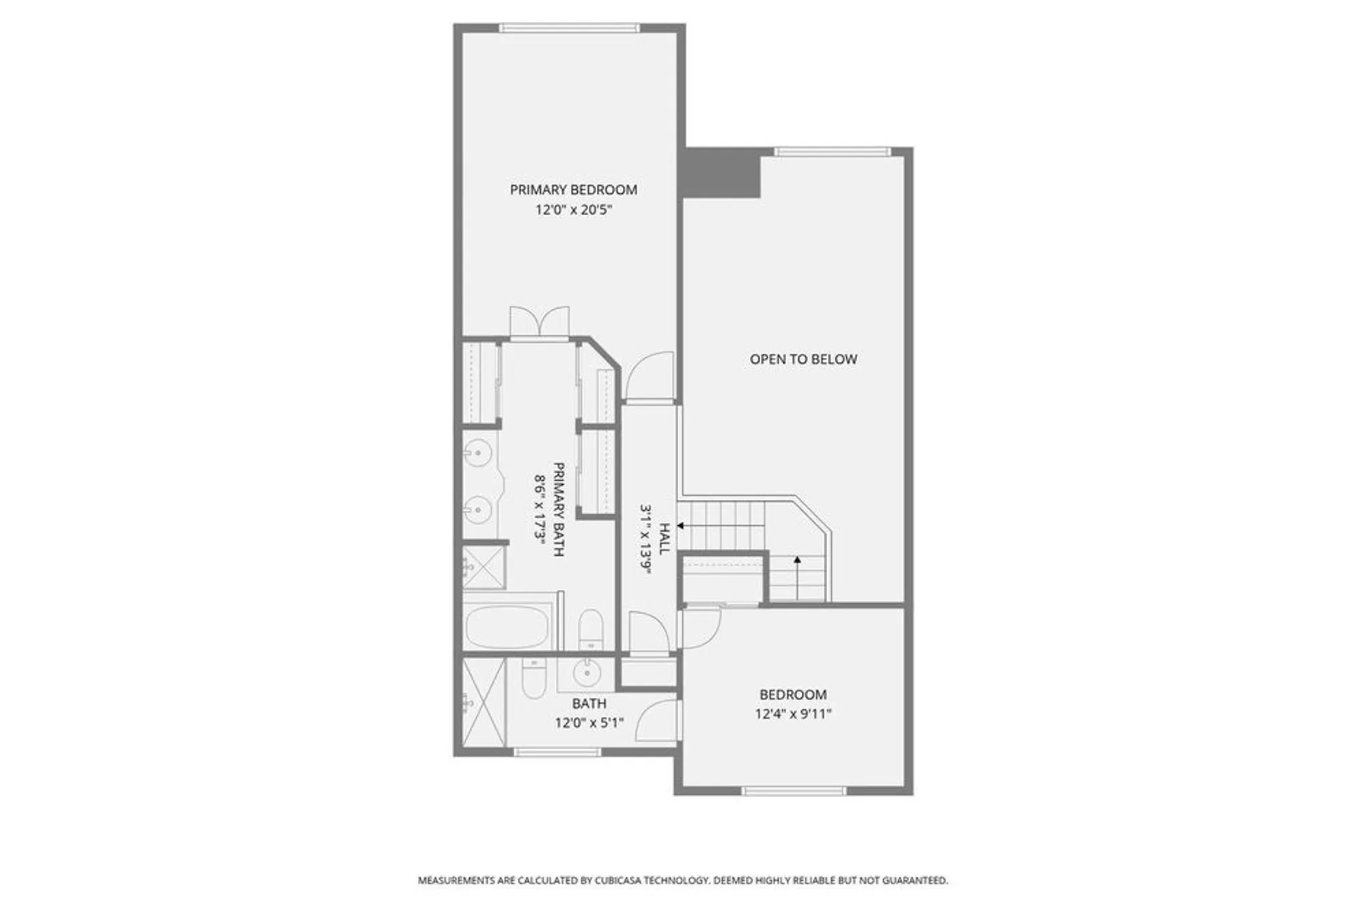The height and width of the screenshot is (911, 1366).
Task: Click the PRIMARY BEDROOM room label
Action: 573,190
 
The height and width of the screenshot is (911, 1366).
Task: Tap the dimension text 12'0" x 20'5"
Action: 573,210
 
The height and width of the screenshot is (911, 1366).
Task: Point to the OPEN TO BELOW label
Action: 803,359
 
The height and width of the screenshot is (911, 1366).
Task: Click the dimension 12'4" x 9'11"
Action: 793,714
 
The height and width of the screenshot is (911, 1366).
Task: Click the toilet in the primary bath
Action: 590,628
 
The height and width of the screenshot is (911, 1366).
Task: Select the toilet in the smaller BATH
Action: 533,678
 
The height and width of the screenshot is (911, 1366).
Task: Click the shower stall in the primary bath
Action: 484,566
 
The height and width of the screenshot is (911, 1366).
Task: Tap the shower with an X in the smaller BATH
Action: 484,703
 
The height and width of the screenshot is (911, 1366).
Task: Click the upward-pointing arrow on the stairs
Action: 797,560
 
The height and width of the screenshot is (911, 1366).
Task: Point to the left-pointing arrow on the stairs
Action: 681,526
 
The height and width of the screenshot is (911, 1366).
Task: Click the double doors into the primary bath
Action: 540,322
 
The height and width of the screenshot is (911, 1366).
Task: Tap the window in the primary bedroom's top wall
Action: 570,28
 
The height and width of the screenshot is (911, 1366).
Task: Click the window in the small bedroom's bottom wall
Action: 794,791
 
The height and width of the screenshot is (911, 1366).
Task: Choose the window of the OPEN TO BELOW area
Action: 833,152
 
